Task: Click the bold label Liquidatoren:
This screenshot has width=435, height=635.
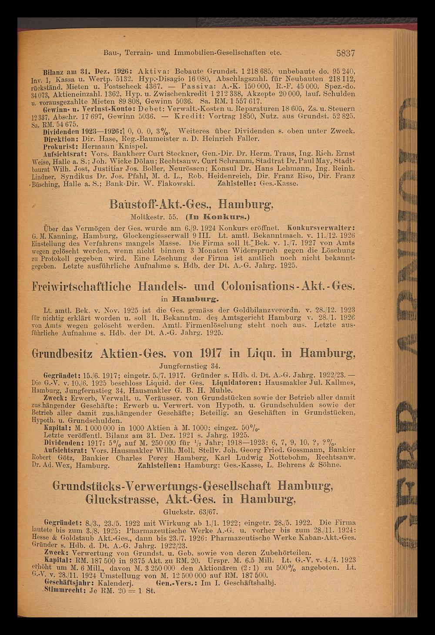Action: pyautogui.click(x=235, y=381)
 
